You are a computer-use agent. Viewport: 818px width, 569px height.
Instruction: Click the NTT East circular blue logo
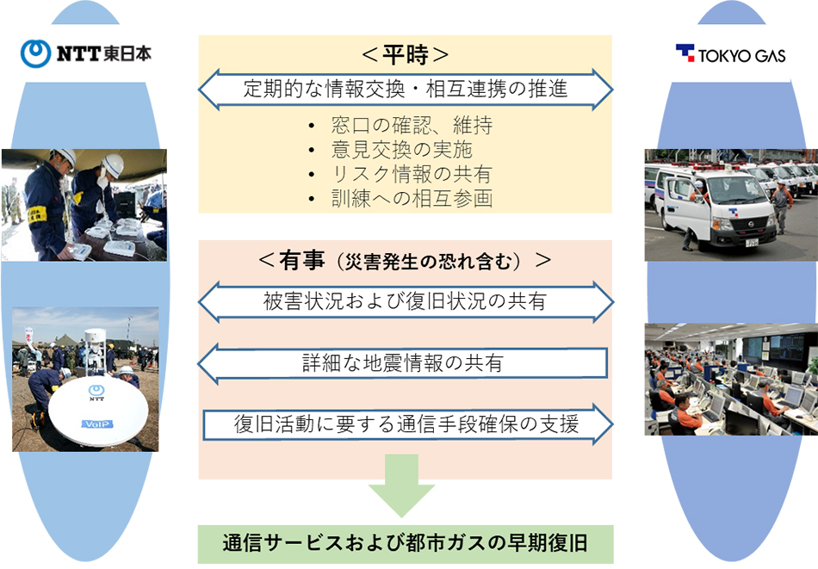point(35,53)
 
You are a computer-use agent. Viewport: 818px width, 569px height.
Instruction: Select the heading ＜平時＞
point(405,55)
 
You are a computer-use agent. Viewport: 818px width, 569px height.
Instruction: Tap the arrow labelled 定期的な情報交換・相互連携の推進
point(406,90)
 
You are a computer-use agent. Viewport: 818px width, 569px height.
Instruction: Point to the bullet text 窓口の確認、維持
point(412,125)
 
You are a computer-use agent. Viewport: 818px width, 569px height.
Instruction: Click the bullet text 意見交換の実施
point(402,150)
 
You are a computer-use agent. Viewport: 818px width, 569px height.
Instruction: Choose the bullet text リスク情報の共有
point(412,174)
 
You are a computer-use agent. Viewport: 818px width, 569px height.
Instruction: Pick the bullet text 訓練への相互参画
point(412,199)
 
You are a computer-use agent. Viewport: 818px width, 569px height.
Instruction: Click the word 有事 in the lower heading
point(302,260)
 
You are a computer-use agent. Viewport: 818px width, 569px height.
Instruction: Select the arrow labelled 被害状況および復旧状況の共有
point(406,301)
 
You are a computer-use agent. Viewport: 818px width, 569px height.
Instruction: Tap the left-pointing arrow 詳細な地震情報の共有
point(402,363)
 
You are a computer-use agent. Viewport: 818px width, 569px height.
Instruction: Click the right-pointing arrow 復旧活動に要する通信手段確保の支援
point(408,424)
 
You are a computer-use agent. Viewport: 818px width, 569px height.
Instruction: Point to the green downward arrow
point(402,486)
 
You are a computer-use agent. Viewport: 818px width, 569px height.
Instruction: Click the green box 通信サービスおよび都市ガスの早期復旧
point(406,544)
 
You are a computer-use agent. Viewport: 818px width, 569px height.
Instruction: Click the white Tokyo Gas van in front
point(716,207)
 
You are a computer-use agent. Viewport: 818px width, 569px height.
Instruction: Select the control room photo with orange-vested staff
point(731,379)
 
